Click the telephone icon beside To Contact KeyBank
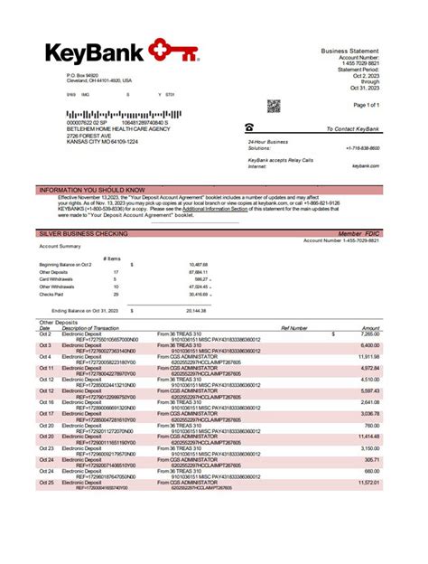[x=250, y=129]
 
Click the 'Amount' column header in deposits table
[x=371, y=327]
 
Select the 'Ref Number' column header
[x=294, y=327]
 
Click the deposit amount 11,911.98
[x=369, y=356]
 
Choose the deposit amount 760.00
[x=372, y=425]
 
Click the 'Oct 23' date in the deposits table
[x=46, y=447]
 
